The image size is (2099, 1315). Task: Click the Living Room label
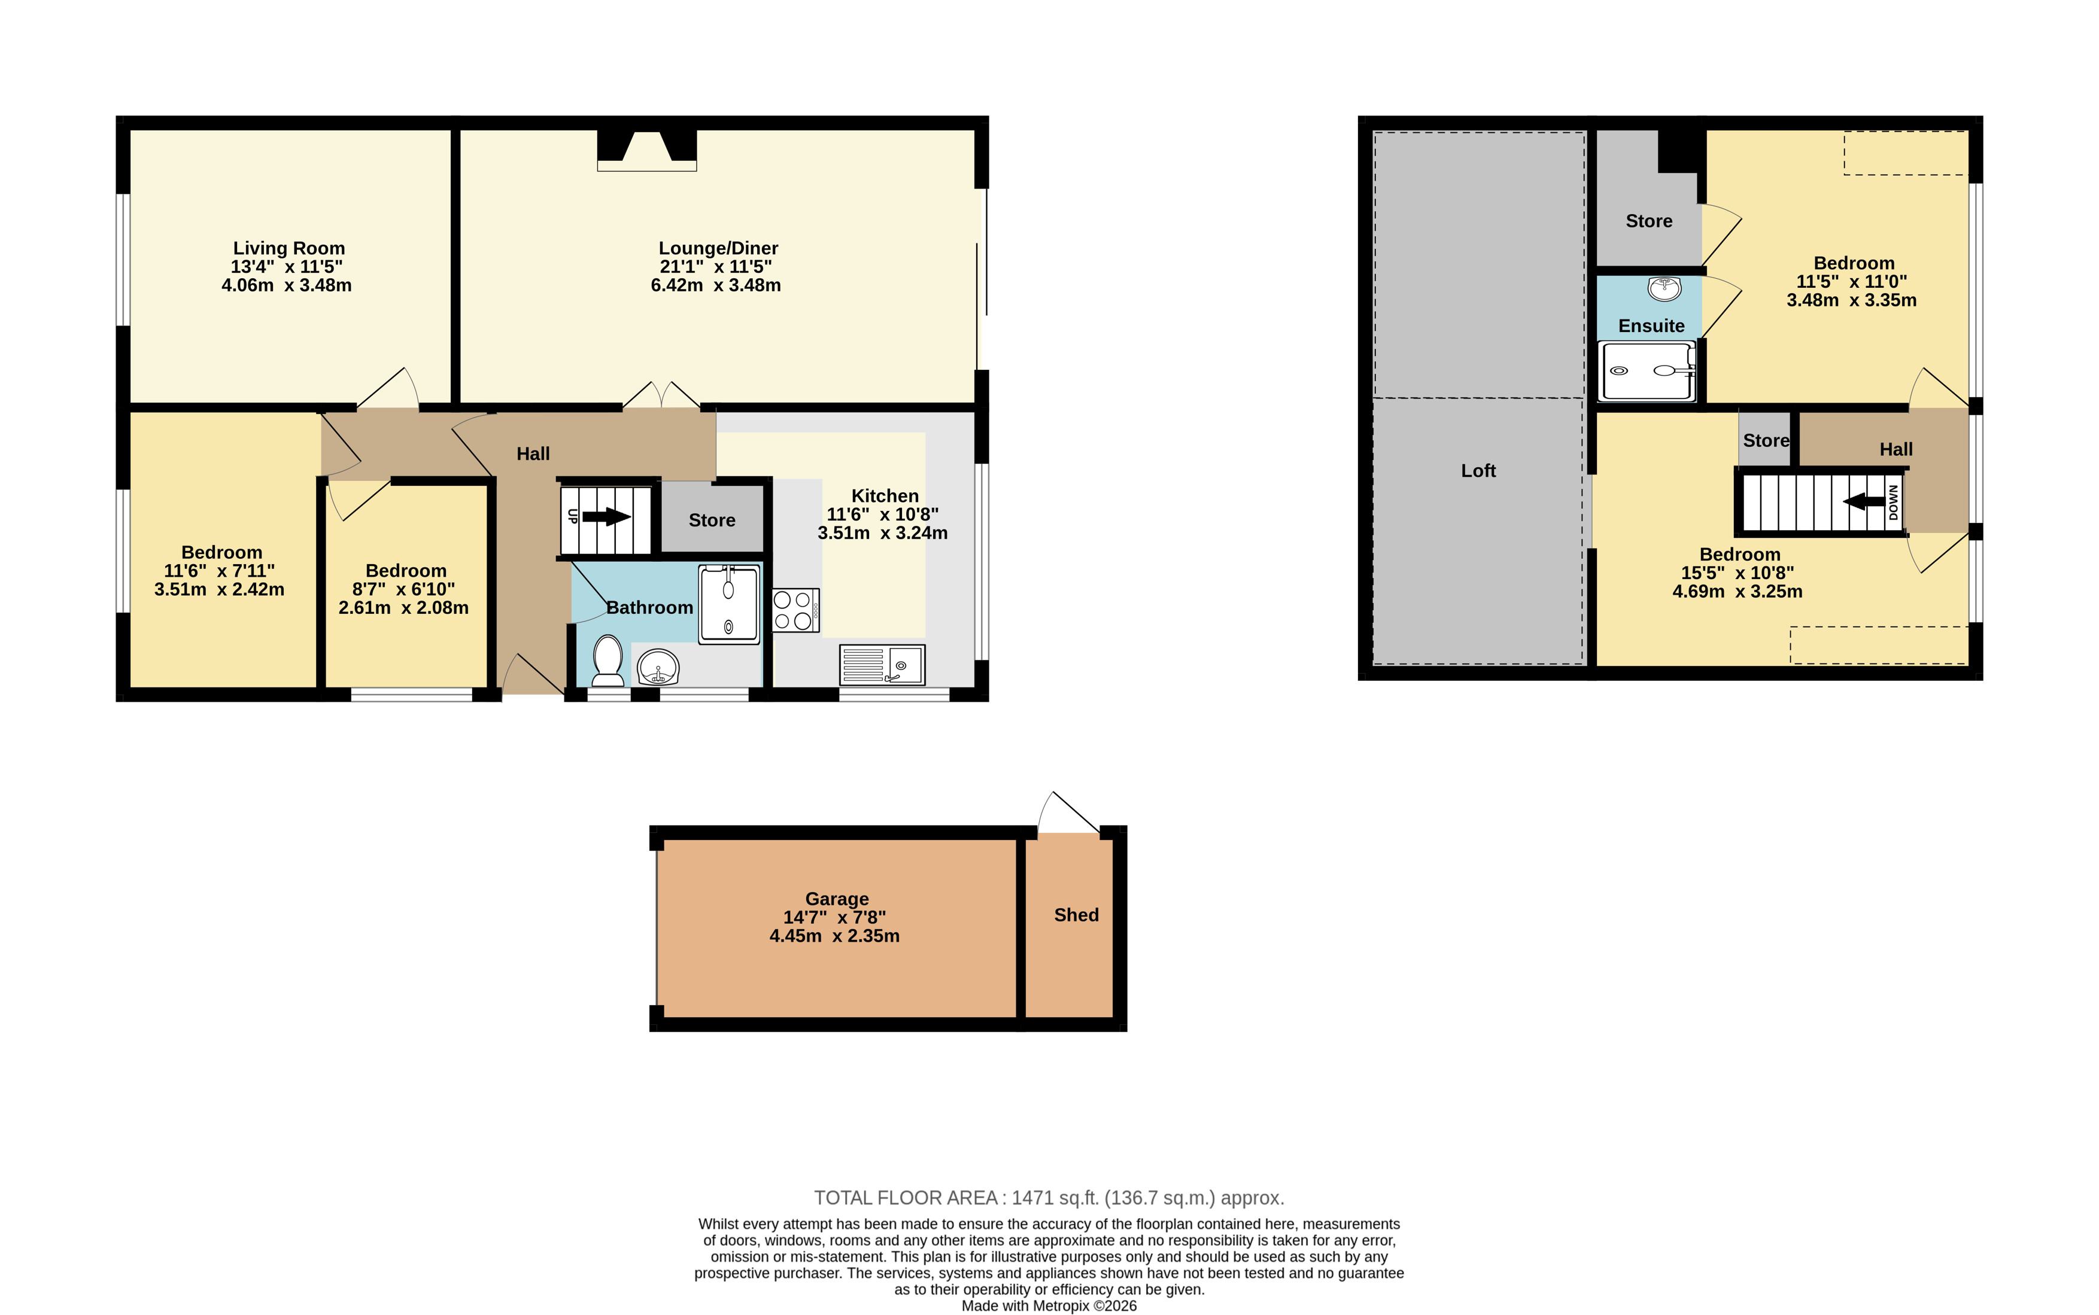coord(289,249)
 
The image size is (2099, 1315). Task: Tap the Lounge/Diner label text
coord(718,249)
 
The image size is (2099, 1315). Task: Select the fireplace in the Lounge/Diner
coord(646,150)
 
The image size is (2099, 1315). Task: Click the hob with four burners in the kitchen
coord(795,610)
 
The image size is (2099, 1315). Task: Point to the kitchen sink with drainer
coord(882,665)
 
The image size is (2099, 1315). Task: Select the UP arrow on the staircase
coord(606,517)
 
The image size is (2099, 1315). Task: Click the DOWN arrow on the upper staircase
coord(1864,502)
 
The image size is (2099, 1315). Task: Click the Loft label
coord(1478,470)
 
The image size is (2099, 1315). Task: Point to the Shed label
coord(1076,915)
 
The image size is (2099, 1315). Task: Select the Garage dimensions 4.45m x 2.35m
coord(834,936)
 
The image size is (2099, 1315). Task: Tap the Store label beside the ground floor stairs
coord(712,520)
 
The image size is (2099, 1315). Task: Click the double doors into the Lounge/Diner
coord(662,395)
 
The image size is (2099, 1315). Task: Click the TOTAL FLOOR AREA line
coord(1049,1198)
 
